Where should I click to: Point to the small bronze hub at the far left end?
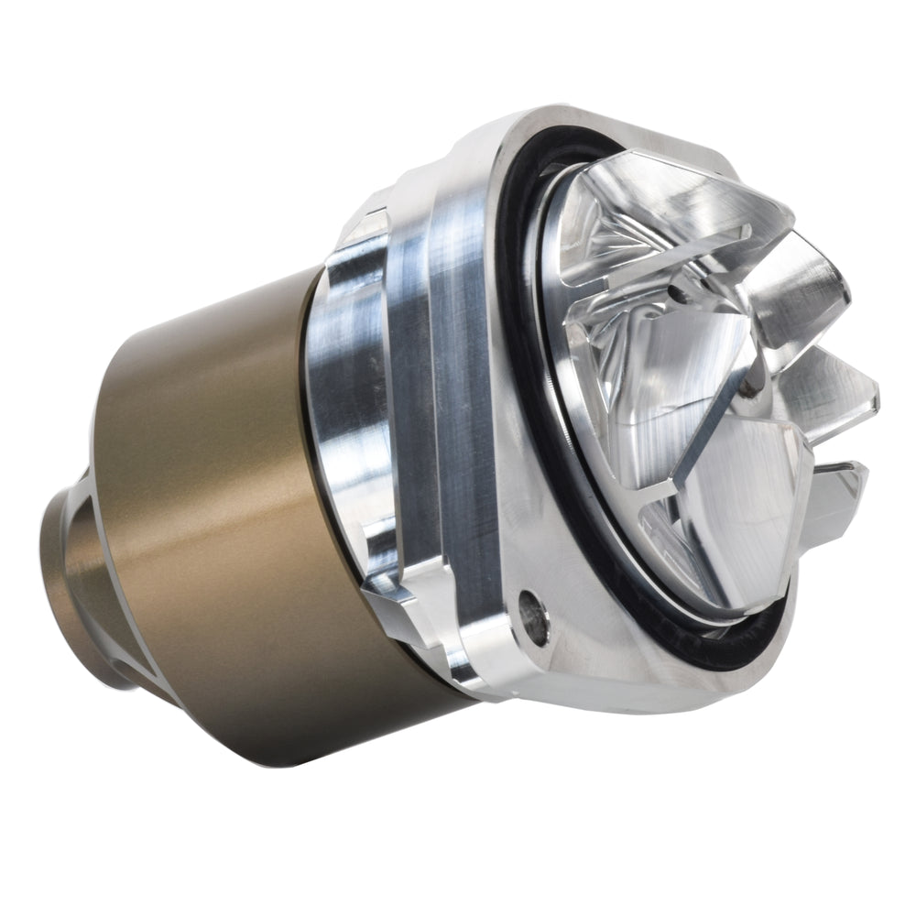[78, 586]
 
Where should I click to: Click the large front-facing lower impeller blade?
[733, 485]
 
